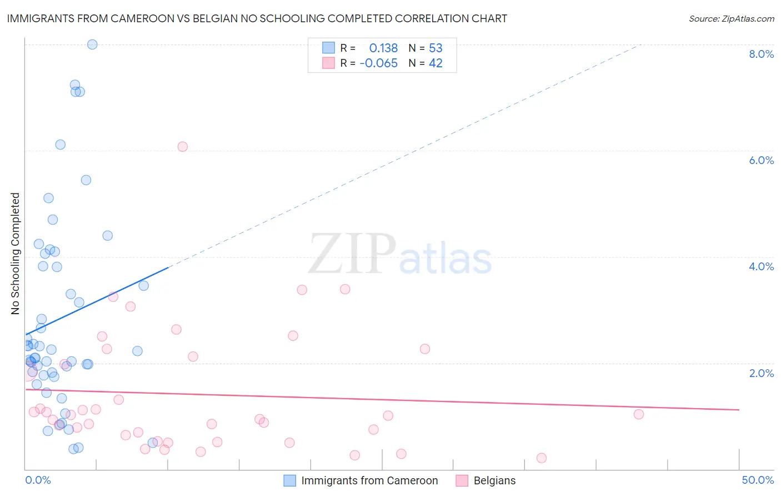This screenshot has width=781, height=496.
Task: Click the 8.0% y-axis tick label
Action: click(x=761, y=54)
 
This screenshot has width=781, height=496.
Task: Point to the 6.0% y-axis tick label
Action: click(x=761, y=160)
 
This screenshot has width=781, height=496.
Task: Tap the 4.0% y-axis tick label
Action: click(x=761, y=266)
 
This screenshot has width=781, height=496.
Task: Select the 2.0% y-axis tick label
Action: click(x=761, y=373)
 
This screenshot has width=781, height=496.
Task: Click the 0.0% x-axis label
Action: click(x=38, y=480)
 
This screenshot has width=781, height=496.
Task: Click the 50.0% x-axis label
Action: click(x=758, y=480)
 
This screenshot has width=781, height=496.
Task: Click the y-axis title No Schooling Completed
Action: click(x=15, y=254)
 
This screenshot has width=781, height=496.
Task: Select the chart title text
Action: click(x=257, y=18)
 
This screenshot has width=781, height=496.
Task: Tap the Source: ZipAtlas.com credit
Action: click(x=731, y=19)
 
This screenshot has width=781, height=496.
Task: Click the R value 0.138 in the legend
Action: click(x=383, y=48)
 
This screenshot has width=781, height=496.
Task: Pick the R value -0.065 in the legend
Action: click(x=379, y=63)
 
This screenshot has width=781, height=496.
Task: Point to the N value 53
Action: click(x=435, y=48)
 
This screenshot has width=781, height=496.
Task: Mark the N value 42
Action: click(x=435, y=63)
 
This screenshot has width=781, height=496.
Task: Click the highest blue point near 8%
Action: click(x=92, y=44)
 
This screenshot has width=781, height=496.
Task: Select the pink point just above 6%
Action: click(x=182, y=147)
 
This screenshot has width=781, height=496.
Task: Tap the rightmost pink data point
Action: click(x=639, y=414)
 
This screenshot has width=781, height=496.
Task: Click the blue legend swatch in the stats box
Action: click(x=328, y=48)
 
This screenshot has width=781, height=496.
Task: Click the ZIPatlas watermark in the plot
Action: click(x=400, y=255)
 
